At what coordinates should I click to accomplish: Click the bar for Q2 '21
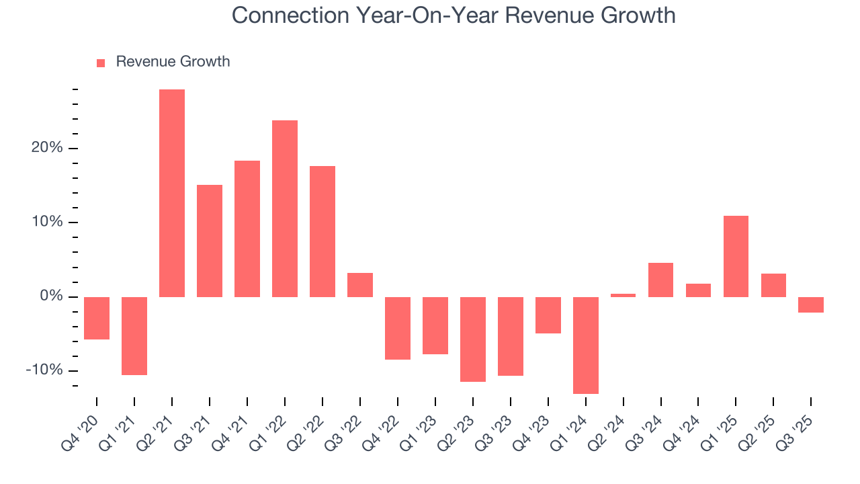[x=172, y=193]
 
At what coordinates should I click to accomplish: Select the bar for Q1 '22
[x=285, y=208]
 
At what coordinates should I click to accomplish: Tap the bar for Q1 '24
[x=586, y=345]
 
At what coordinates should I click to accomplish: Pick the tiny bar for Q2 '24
[x=623, y=295]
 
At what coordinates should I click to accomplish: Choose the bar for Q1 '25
[x=736, y=256]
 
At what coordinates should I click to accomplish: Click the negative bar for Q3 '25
[x=811, y=305]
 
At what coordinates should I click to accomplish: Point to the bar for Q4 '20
[x=97, y=318]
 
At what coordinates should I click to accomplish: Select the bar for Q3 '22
[x=360, y=285]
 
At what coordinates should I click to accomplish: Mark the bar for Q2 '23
[x=473, y=339]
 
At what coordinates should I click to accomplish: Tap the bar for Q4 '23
[x=548, y=315]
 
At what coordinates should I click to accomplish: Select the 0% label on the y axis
[x=51, y=296]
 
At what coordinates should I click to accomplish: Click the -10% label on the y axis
[x=45, y=370]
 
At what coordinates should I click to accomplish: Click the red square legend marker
[x=101, y=63]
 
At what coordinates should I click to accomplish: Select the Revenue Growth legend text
[x=173, y=62]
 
